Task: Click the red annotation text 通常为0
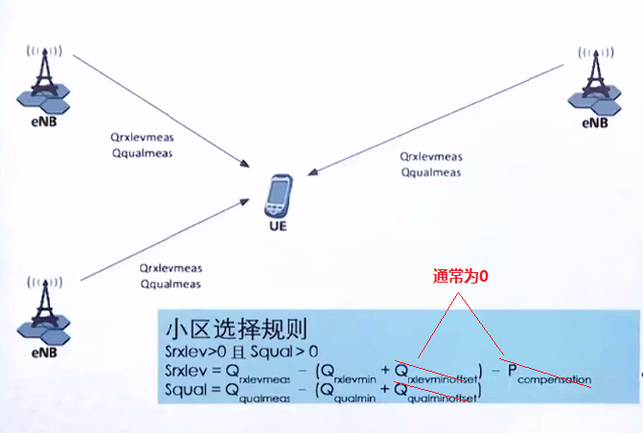pyautogui.click(x=461, y=276)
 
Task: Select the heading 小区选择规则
pyautogui.click(x=236, y=330)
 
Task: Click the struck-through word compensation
pyautogui.click(x=555, y=379)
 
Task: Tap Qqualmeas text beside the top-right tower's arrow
pyautogui.click(x=430, y=173)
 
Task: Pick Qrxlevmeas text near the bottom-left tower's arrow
pyautogui.click(x=170, y=269)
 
